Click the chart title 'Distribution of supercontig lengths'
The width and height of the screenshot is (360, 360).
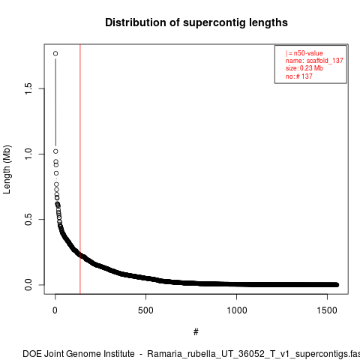[x=196, y=22]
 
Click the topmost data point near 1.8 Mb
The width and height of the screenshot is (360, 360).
[x=55, y=53]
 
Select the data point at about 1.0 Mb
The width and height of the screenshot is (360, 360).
[x=55, y=151]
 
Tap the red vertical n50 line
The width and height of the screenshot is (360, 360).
[x=80, y=169]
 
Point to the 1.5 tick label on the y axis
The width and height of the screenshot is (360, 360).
[x=28, y=88]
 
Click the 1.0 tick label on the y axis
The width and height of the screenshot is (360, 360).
[x=28, y=154]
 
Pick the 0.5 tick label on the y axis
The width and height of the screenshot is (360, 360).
[x=28, y=219]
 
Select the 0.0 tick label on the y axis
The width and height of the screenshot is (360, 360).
[x=28, y=285]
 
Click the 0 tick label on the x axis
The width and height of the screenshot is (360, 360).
[x=55, y=310]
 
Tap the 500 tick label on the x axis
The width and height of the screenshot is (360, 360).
[x=145, y=310]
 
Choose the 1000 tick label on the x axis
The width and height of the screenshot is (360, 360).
[x=236, y=310]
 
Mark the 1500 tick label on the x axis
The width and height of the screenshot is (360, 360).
[x=327, y=310]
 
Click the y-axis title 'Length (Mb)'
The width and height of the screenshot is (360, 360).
[x=7, y=169]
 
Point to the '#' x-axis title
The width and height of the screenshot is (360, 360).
[x=196, y=332]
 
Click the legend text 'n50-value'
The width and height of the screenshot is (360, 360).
[x=308, y=53]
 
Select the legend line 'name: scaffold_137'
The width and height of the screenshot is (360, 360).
[x=314, y=61]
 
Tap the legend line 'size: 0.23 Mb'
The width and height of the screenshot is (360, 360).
[x=304, y=68]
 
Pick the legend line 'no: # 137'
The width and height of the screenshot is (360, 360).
[x=299, y=76]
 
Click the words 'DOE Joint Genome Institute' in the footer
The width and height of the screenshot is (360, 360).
[x=79, y=354]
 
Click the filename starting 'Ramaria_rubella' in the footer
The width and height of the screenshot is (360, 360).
[x=253, y=354]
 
